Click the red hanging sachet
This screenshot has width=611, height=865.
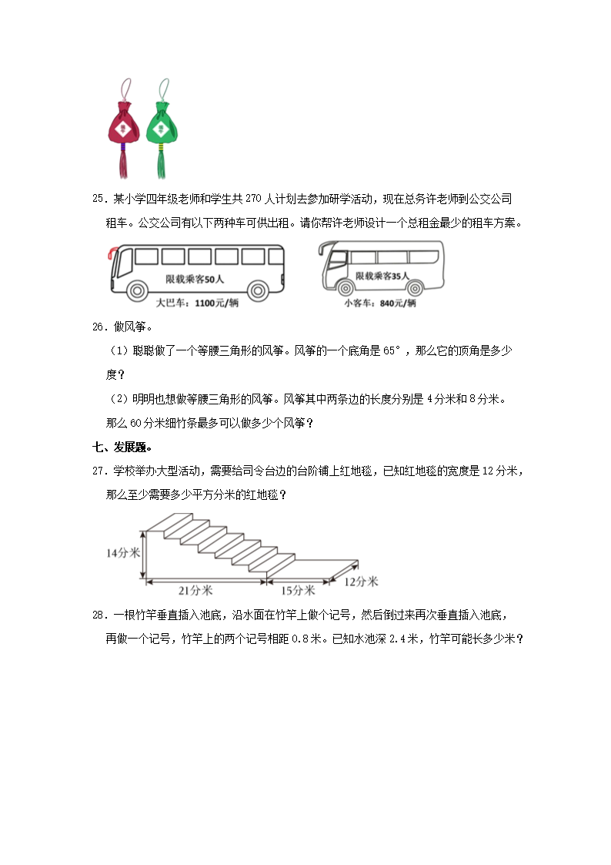pyautogui.click(x=122, y=123)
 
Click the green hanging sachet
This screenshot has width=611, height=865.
pyautogui.click(x=162, y=123)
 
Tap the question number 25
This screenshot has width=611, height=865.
pyautogui.click(x=98, y=199)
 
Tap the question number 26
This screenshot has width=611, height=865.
pyautogui.click(x=98, y=327)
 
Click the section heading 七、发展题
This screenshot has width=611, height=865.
pyautogui.click(x=121, y=447)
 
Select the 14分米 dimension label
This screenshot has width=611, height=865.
pyautogui.click(x=122, y=552)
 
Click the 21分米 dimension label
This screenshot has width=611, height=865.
pyautogui.click(x=195, y=590)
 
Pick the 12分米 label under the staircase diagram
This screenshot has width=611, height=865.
pyautogui.click(x=361, y=582)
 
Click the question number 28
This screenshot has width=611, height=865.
pyautogui.click(x=98, y=615)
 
